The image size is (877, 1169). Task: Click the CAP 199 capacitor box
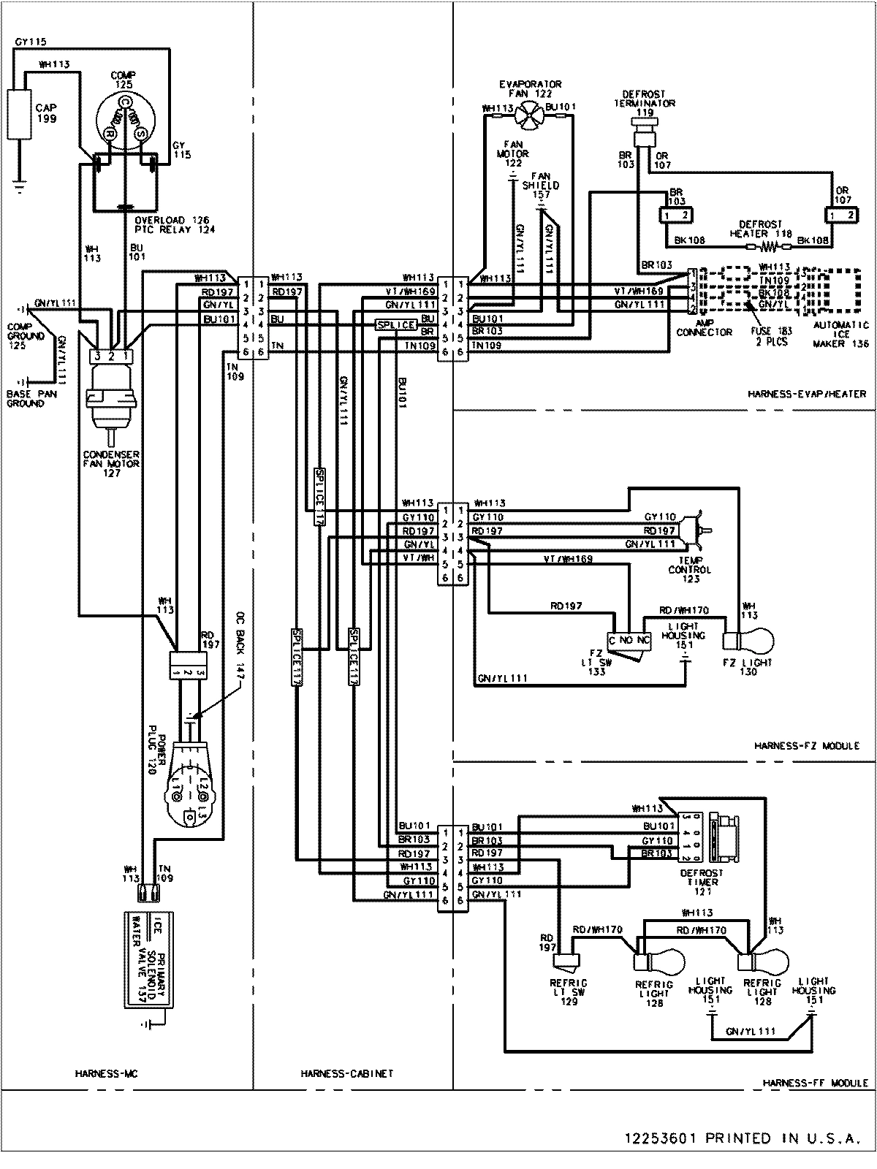point(20,113)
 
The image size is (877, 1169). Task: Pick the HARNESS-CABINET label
point(346,1073)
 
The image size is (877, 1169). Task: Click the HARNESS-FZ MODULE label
point(806,746)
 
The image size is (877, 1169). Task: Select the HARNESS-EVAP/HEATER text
point(807,394)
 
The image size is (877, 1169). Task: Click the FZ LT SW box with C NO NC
point(630,639)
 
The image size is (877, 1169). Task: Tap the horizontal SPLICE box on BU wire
point(395,324)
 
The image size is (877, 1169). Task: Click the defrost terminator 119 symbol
point(642,135)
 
